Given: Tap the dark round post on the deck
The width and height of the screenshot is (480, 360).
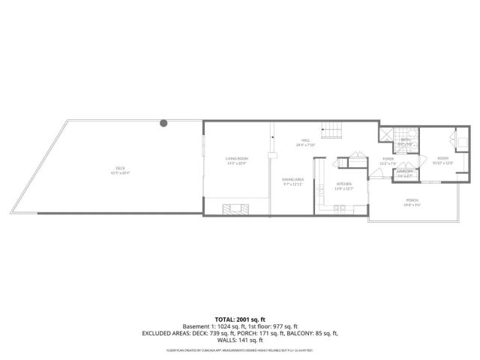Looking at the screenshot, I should pos(163,123).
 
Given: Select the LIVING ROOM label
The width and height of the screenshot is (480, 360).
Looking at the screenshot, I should pos(237,159).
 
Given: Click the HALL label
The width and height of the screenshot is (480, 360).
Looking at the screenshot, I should pos(306,140).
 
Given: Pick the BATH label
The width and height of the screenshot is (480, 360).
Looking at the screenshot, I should pos(405,139).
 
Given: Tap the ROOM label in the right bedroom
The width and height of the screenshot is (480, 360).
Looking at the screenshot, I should pos(443,158).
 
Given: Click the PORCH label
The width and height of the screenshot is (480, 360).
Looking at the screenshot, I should pos(412,200).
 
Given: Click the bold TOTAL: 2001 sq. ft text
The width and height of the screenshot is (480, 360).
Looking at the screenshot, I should pos(240,319).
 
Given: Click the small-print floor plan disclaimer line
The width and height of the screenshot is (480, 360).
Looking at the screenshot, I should pos(240,350).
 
